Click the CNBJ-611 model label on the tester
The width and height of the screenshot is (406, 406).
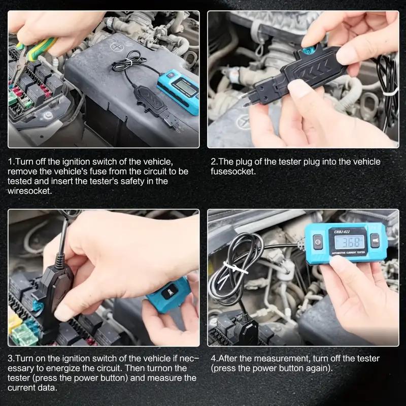pyautogui.click(x=345, y=231)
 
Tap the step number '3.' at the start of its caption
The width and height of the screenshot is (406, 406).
pyautogui.click(x=12, y=358)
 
